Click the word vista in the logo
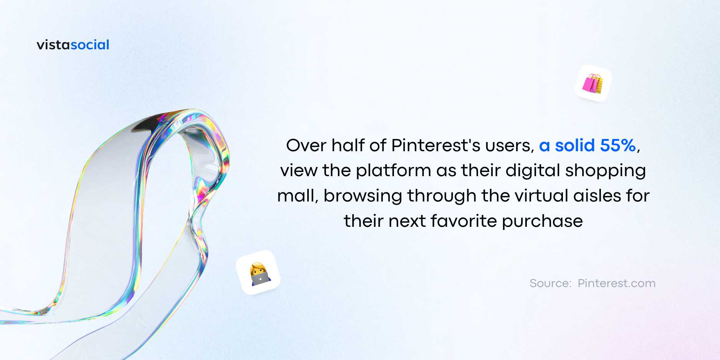click(x=53, y=45)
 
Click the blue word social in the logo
click(x=90, y=45)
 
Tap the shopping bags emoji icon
click(x=593, y=83)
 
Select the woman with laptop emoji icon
click(x=258, y=272)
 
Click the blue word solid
click(x=575, y=145)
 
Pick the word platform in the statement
click(x=394, y=170)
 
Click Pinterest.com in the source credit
click(x=617, y=283)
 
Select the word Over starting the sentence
click(x=306, y=145)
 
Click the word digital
click(x=533, y=170)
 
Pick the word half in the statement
click(x=348, y=145)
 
